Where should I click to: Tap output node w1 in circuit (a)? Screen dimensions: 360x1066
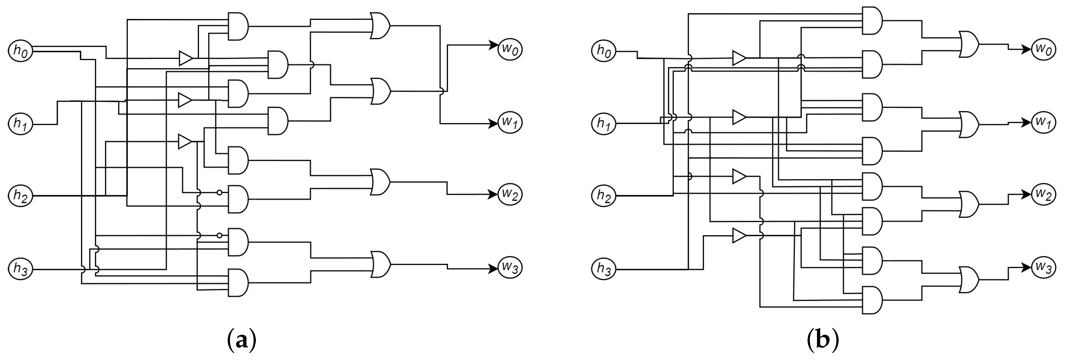click(510, 123)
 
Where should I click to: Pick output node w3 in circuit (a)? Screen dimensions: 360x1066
click(510, 268)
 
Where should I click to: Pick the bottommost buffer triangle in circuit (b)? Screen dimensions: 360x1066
click(739, 236)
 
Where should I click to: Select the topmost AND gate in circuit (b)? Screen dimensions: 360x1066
click(872, 20)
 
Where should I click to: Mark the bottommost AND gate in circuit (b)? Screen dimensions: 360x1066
click(872, 300)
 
